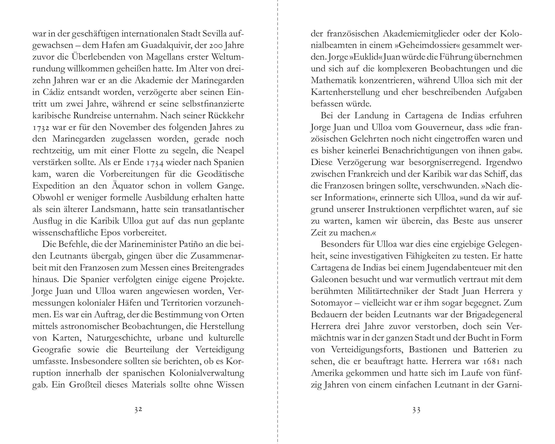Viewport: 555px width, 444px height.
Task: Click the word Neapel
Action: click(231, 151)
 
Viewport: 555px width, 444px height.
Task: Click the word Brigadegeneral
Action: click(483, 314)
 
